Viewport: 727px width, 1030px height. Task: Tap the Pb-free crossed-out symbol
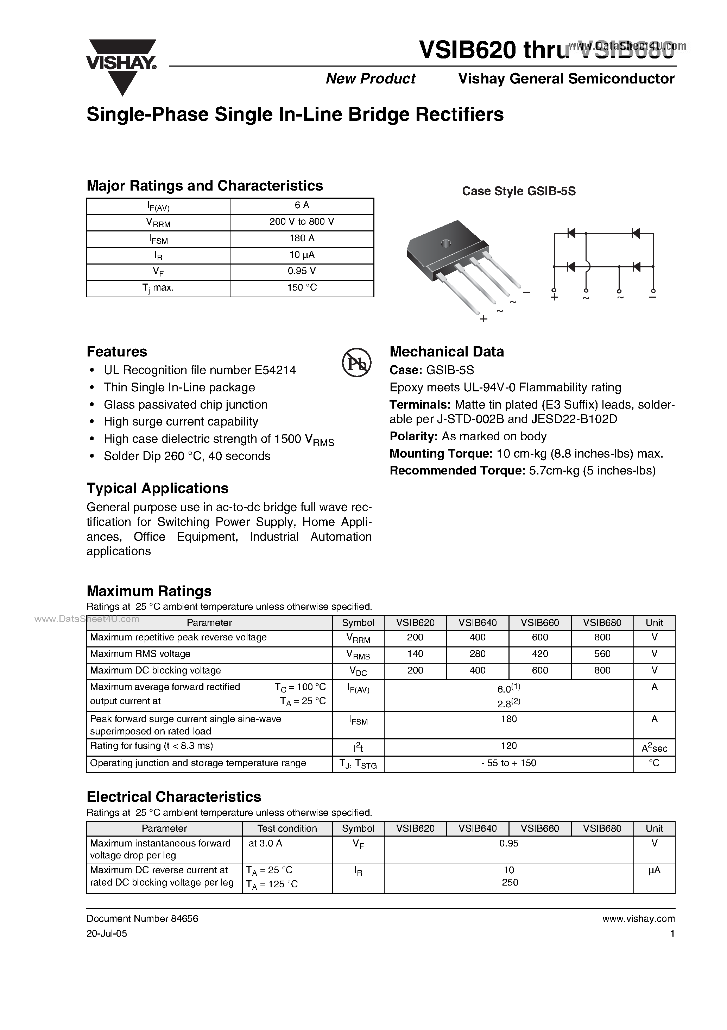click(357, 362)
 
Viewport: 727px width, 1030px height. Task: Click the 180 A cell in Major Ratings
click(302, 238)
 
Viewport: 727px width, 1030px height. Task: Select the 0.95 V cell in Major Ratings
click(302, 271)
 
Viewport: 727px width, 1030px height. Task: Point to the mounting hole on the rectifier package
click(445, 244)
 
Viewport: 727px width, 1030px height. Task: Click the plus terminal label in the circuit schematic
click(555, 297)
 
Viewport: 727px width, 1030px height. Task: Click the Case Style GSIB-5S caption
click(519, 191)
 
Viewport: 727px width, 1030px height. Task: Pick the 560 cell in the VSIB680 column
click(602, 654)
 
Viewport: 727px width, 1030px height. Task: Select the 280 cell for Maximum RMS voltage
click(478, 654)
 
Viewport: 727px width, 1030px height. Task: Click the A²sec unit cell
click(654, 748)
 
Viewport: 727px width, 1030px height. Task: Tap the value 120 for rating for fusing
click(509, 746)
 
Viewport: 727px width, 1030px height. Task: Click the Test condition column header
click(287, 829)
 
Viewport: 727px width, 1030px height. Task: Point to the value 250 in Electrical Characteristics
click(510, 882)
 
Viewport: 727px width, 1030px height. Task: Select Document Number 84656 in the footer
click(142, 918)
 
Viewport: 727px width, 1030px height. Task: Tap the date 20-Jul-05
click(107, 933)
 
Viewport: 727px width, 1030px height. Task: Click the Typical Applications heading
click(157, 488)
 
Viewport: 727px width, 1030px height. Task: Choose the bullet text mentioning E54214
click(200, 370)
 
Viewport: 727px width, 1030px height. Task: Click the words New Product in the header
click(371, 79)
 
